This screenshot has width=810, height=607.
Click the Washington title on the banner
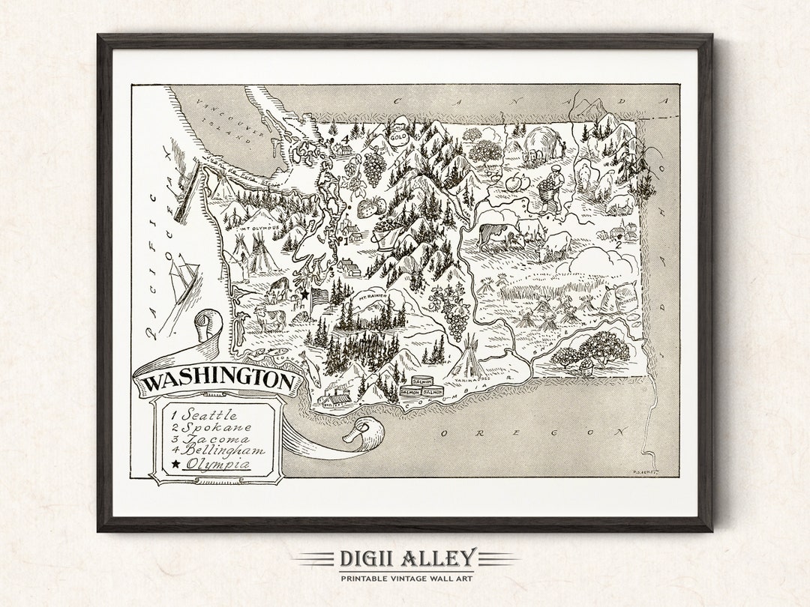click(217, 381)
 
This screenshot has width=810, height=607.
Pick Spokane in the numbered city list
click(211, 427)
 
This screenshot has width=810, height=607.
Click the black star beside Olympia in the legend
click(175, 465)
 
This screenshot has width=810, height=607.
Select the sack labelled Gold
click(397, 137)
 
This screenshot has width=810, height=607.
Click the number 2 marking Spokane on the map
click(618, 244)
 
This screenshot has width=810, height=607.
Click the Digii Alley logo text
click(406, 558)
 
